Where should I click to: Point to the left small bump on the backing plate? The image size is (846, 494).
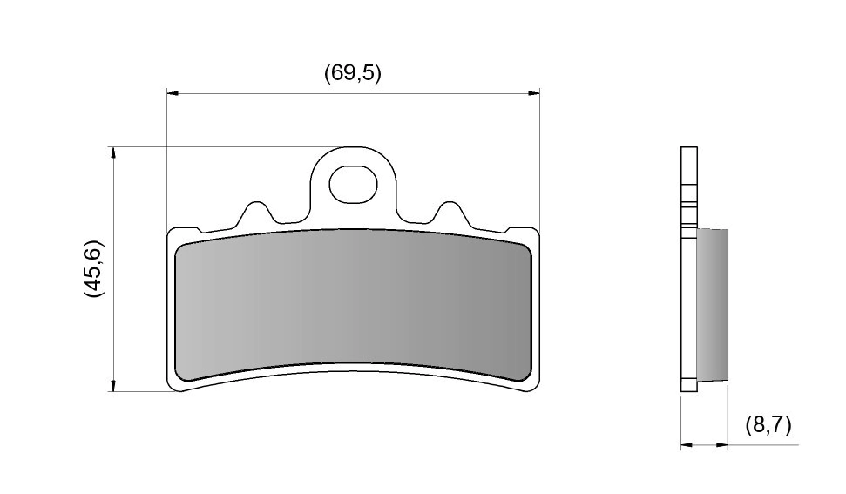(254, 213)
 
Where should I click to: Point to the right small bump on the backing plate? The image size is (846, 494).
(450, 213)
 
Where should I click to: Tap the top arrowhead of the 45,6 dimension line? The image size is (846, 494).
(112, 152)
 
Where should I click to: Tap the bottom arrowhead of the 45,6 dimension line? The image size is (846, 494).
(112, 385)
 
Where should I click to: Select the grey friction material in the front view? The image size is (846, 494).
(353, 305)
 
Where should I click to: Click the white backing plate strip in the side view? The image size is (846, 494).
(689, 261)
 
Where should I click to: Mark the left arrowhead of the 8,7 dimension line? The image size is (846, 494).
(686, 444)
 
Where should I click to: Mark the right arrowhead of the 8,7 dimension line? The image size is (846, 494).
(722, 444)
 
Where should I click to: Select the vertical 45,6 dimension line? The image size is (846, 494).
(112, 270)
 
